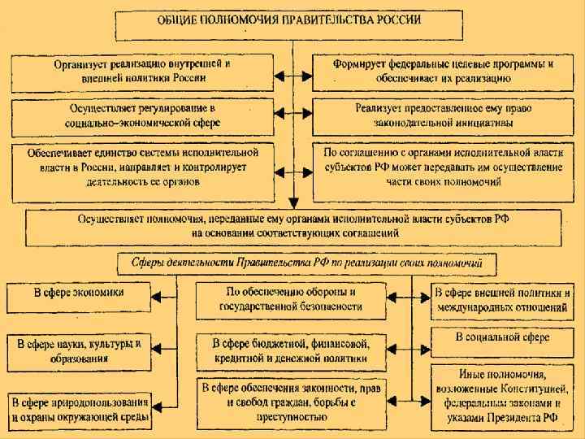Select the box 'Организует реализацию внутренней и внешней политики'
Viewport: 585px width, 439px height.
(141, 71)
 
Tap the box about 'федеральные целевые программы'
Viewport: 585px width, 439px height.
(443, 71)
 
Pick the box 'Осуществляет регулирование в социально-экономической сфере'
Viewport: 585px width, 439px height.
(141, 115)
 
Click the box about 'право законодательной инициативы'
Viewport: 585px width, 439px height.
(443, 115)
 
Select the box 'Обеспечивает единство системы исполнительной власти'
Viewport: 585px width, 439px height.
(141, 167)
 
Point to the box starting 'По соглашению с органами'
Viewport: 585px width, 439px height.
(443, 167)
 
